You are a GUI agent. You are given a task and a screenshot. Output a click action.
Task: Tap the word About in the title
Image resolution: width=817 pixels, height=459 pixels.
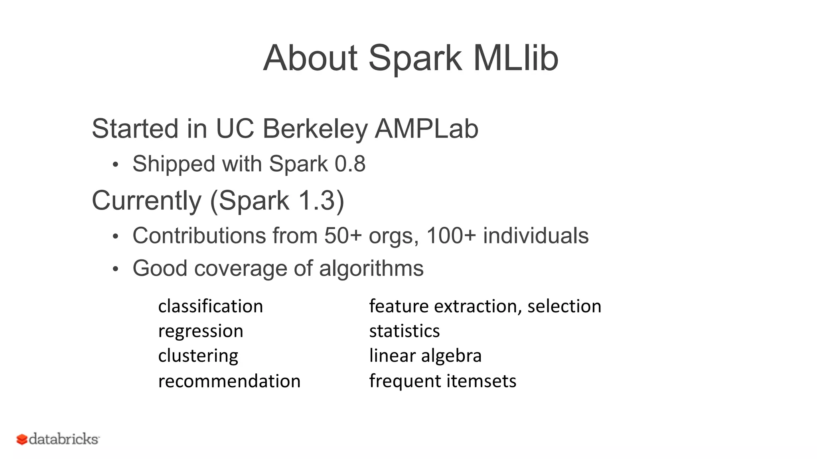coord(310,58)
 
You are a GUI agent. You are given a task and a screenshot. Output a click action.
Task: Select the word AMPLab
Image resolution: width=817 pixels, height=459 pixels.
coord(426,129)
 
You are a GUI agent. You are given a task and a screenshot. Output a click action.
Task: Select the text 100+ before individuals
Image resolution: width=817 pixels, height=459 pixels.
coord(451,235)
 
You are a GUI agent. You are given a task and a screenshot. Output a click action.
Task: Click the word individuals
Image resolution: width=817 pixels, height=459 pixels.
coord(535,235)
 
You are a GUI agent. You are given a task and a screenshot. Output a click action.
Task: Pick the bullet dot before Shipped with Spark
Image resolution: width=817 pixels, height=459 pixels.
coord(115,165)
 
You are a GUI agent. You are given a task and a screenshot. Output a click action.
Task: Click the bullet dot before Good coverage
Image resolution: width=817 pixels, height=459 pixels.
coord(115,269)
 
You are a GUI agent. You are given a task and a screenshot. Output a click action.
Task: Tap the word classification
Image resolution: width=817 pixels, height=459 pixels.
coord(211,306)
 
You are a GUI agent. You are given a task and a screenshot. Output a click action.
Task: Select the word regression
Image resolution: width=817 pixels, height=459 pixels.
coord(201,331)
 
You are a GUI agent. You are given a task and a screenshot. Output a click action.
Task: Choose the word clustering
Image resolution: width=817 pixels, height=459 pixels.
coord(198,355)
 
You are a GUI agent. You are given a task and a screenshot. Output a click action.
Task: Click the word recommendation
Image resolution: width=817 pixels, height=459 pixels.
coord(229,381)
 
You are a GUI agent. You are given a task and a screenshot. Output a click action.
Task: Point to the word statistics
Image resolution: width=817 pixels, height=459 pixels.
coord(404,331)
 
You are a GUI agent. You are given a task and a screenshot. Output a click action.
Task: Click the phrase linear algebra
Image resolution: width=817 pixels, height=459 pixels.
coord(425,355)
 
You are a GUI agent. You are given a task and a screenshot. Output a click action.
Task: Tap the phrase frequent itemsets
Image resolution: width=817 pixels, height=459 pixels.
coord(442,381)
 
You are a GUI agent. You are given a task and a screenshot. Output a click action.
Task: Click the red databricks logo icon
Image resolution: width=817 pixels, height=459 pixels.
coord(22,439)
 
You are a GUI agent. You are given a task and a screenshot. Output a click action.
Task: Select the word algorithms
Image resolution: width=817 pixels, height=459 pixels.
coord(371,268)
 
